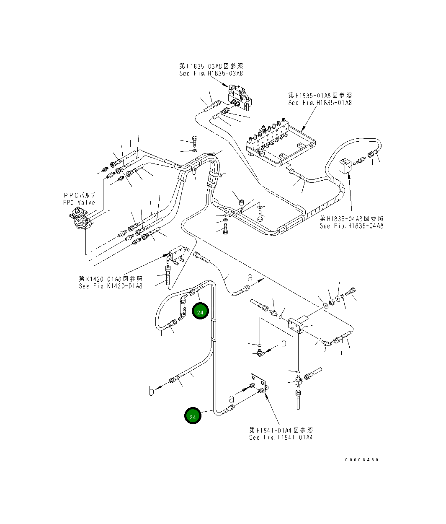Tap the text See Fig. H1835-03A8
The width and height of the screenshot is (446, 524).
pos(211,73)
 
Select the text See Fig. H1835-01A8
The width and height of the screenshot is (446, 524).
pos(320,103)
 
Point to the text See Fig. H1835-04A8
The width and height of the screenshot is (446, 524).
pos(351,226)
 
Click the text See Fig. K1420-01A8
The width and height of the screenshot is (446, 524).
pos(111,286)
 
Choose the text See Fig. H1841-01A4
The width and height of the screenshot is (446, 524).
pos(281,437)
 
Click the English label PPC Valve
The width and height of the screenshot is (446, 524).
pos(79,202)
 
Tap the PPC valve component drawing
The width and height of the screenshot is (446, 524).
pos(80,219)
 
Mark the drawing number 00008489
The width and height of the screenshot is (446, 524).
pos(362,459)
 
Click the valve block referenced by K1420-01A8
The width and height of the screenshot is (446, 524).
pos(178,254)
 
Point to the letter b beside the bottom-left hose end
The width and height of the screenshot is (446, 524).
pos(151,391)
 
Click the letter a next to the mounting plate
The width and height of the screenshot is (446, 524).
pos(232,399)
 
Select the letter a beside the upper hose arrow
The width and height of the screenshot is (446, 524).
pos(250,278)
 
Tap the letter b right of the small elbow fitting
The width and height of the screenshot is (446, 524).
pos(284,342)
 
